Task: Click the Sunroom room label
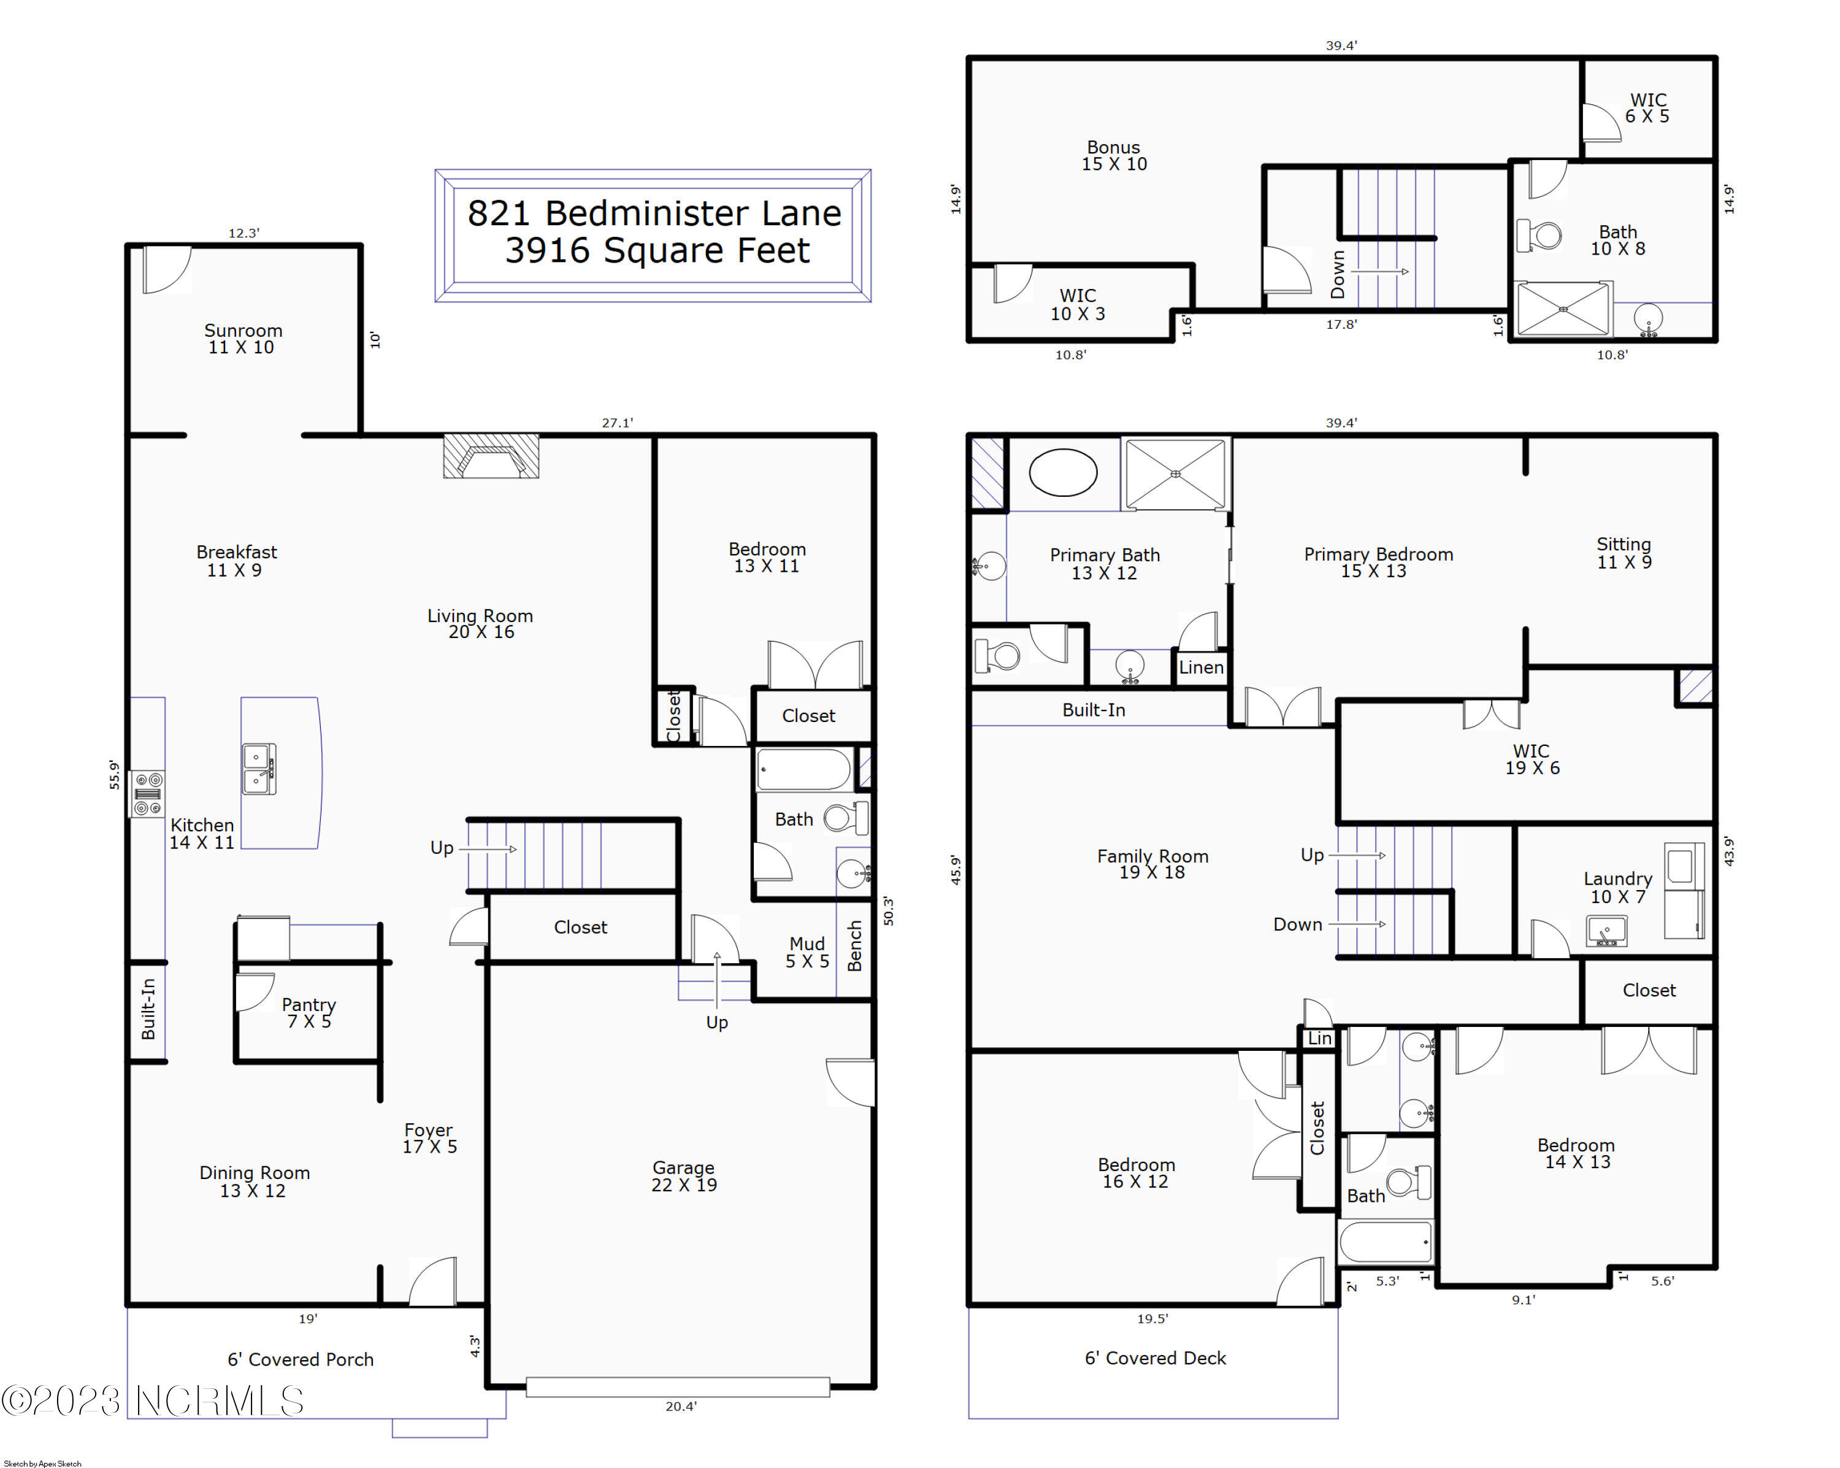pos(243,339)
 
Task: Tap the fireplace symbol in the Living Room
pos(491,456)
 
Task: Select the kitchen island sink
pos(259,770)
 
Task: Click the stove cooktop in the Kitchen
pos(147,794)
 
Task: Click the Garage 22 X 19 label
pos(684,1176)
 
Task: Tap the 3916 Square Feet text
pos(657,251)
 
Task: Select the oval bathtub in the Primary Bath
pos(1062,472)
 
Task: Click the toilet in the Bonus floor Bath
pos(1541,236)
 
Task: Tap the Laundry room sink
pos(1607,930)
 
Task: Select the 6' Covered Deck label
pos(1155,1358)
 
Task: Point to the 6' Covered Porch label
pos(301,1359)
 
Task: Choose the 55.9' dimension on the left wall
pos(114,775)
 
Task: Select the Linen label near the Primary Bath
pos(1201,667)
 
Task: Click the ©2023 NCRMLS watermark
pos(153,1401)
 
